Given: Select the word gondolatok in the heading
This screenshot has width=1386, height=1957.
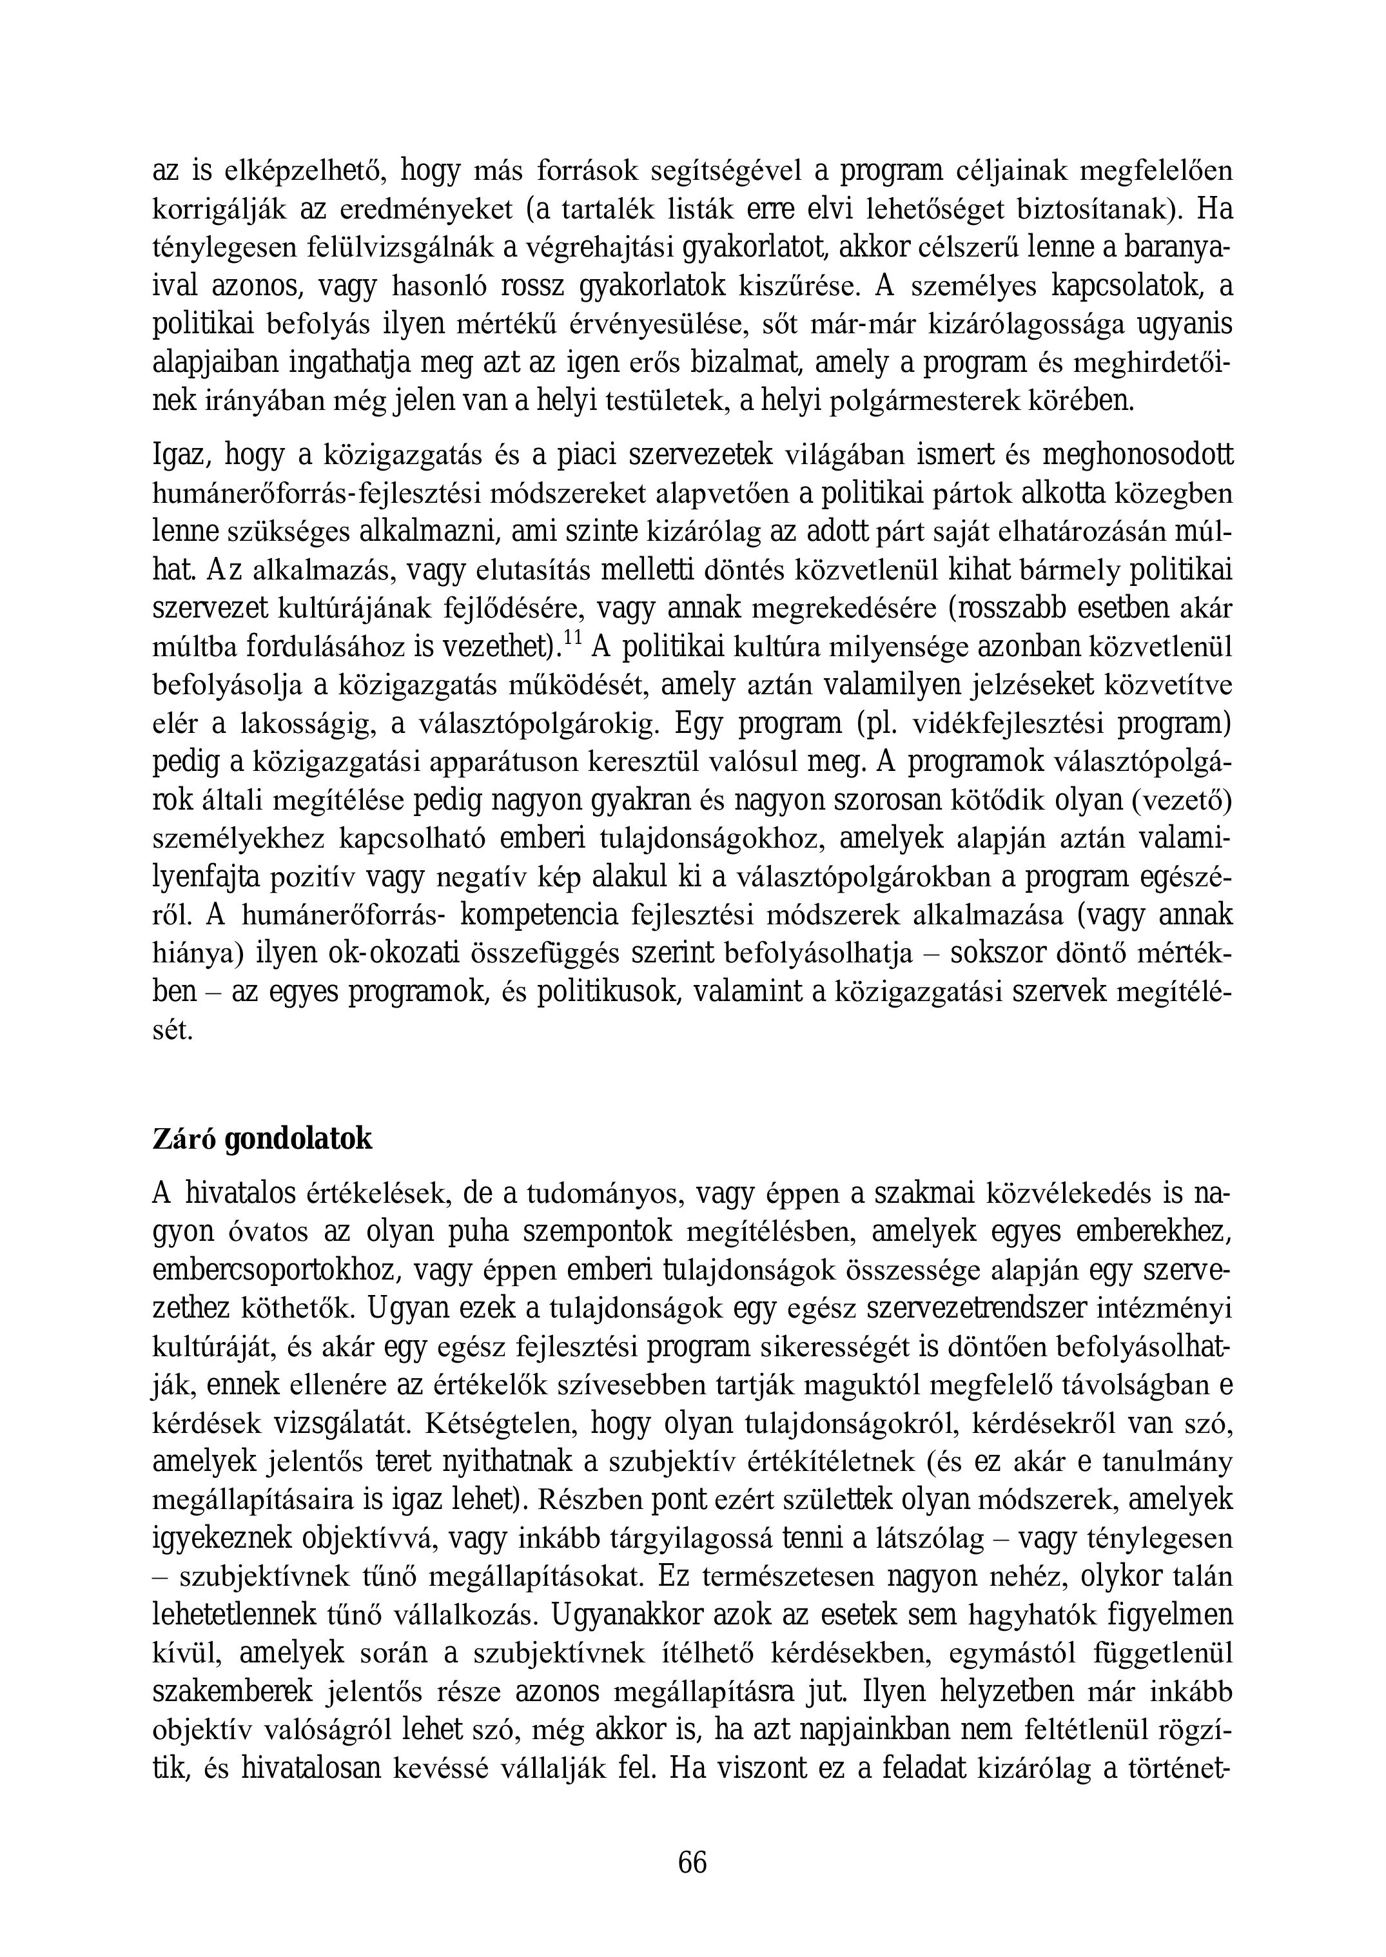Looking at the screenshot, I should pyautogui.click(x=298, y=1140).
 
